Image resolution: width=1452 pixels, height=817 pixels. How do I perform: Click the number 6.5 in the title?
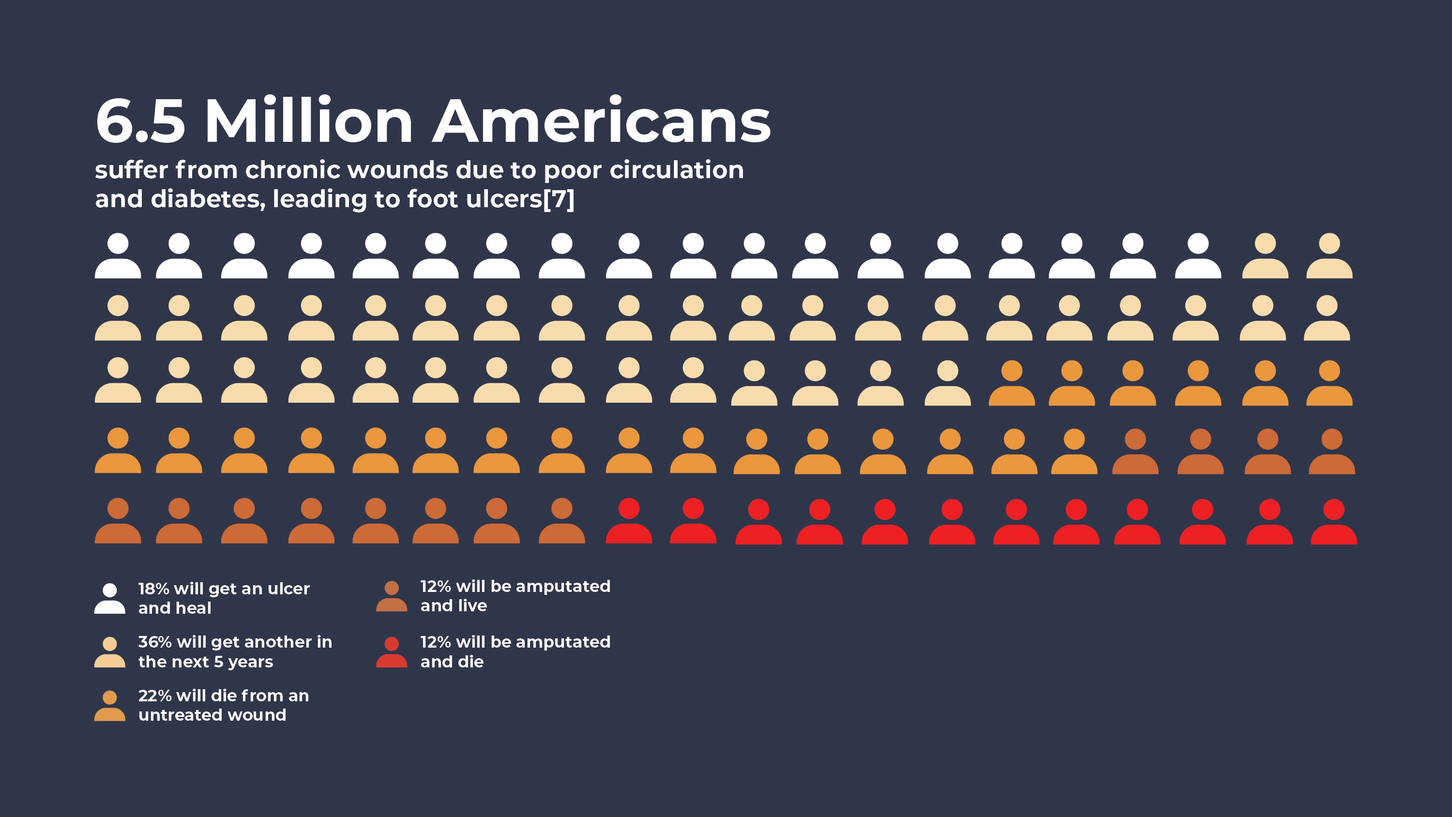[x=140, y=121]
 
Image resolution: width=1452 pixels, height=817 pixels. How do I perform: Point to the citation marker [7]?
[x=559, y=199]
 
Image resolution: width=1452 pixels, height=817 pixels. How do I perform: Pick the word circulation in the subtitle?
[x=677, y=170]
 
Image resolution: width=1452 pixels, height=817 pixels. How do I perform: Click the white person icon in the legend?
[x=110, y=598]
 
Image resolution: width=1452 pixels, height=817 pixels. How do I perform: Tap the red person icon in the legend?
[x=392, y=652]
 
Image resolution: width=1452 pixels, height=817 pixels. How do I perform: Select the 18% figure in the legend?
[x=154, y=589]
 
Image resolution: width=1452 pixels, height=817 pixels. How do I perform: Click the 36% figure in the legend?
[x=155, y=642]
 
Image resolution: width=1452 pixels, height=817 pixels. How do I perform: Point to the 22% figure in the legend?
[x=155, y=696]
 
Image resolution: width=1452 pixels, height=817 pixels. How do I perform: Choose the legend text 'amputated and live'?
[x=515, y=596]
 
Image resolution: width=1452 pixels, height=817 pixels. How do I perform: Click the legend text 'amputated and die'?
[x=515, y=652]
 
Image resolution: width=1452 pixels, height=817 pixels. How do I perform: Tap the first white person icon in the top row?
[x=118, y=256]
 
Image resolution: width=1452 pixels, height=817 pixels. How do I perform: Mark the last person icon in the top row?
[x=1329, y=256]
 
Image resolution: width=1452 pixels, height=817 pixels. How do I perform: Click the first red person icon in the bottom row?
[x=629, y=520]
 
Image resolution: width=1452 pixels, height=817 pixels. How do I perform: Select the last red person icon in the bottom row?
[x=1333, y=522]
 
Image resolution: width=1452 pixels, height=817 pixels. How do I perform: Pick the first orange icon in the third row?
[x=1012, y=383]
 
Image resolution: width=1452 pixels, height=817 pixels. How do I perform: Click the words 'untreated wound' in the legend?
[x=212, y=715]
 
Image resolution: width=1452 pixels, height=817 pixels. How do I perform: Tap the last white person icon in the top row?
[x=1198, y=256]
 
